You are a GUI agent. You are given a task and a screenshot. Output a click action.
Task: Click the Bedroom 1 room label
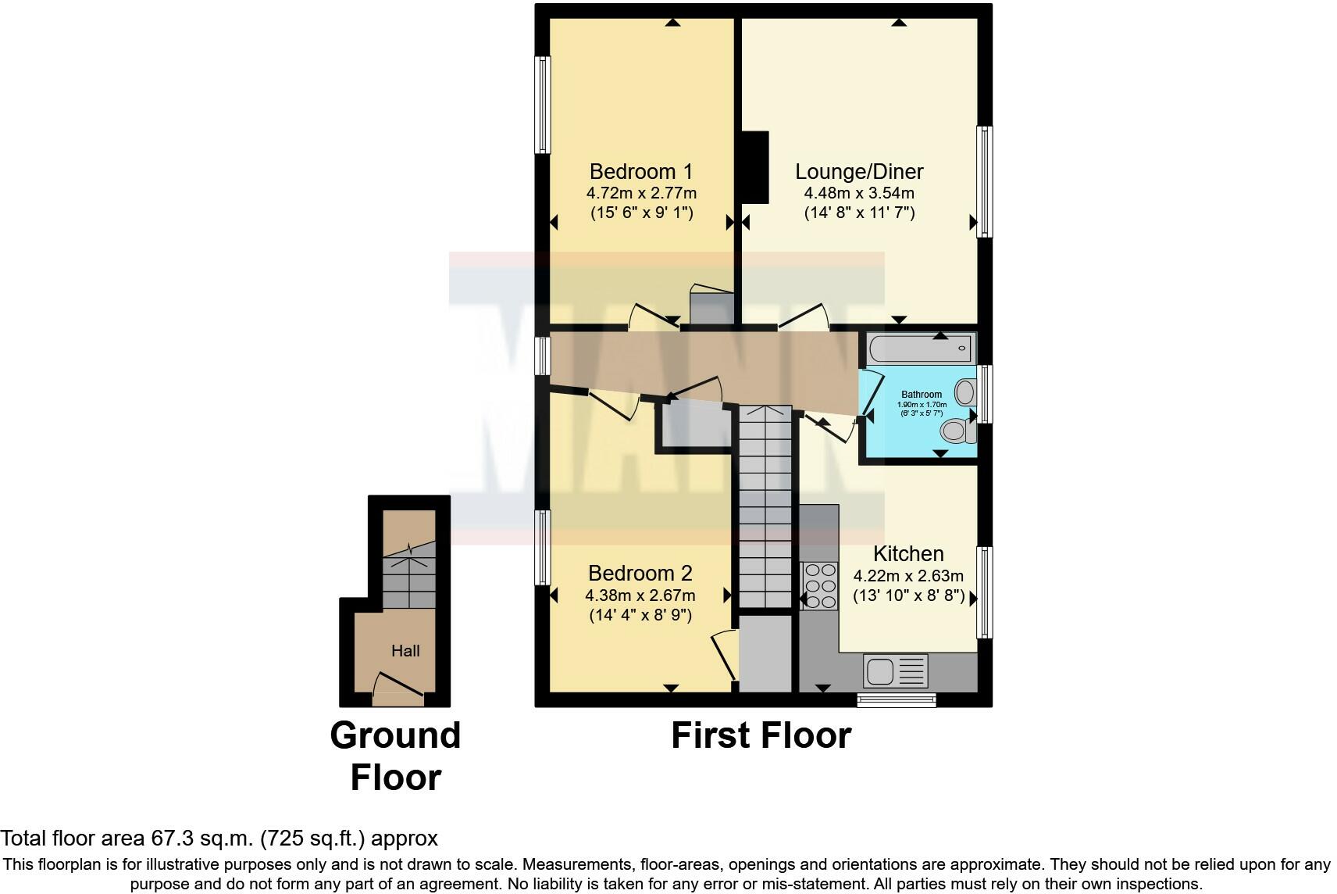tap(640, 171)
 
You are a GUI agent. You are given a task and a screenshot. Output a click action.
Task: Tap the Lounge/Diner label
tap(859, 171)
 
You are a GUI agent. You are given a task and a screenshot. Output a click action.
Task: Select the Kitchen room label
tap(908, 553)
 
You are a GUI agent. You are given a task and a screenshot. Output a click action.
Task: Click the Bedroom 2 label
tap(640, 573)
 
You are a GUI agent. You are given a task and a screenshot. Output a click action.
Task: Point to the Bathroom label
tap(922, 395)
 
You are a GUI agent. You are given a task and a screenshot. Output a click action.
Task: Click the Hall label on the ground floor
tap(405, 650)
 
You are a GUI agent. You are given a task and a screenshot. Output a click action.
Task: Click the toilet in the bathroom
tap(957, 430)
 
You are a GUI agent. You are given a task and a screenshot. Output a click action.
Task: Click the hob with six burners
tap(818, 585)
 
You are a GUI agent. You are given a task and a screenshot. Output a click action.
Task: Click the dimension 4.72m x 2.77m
tap(641, 192)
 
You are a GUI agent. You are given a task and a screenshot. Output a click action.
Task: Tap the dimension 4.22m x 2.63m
tap(908, 576)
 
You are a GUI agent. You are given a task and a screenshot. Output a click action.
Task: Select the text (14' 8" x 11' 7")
tap(859, 213)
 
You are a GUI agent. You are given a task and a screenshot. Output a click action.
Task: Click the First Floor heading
tap(761, 735)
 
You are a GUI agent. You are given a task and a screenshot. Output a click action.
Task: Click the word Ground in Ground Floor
tap(395, 735)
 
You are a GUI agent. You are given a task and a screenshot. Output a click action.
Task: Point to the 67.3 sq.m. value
tap(201, 839)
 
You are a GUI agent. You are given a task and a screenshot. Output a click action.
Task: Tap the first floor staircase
tap(766, 508)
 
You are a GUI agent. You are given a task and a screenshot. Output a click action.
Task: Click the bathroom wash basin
tap(966, 391)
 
